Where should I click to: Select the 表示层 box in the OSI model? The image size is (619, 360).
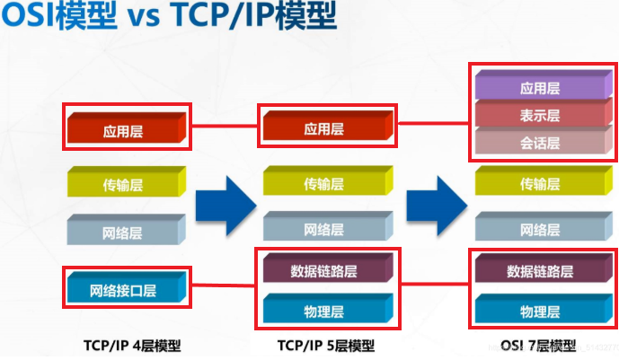[539, 115]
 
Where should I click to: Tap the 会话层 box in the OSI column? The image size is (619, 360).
[539, 143]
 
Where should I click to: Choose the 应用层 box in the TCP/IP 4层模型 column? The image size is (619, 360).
[124, 129]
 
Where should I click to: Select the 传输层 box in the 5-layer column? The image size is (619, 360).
[323, 184]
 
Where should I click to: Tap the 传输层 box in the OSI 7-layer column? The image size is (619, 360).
[539, 184]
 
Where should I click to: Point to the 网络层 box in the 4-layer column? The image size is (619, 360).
[124, 233]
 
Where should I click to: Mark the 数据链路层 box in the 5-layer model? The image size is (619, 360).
[323, 270]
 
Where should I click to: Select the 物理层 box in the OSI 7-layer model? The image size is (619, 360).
[539, 312]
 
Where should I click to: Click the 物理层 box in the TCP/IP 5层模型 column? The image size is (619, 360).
[323, 312]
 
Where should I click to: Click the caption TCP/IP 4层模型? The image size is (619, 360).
[125, 346]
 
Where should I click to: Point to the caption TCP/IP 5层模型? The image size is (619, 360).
[325, 346]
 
